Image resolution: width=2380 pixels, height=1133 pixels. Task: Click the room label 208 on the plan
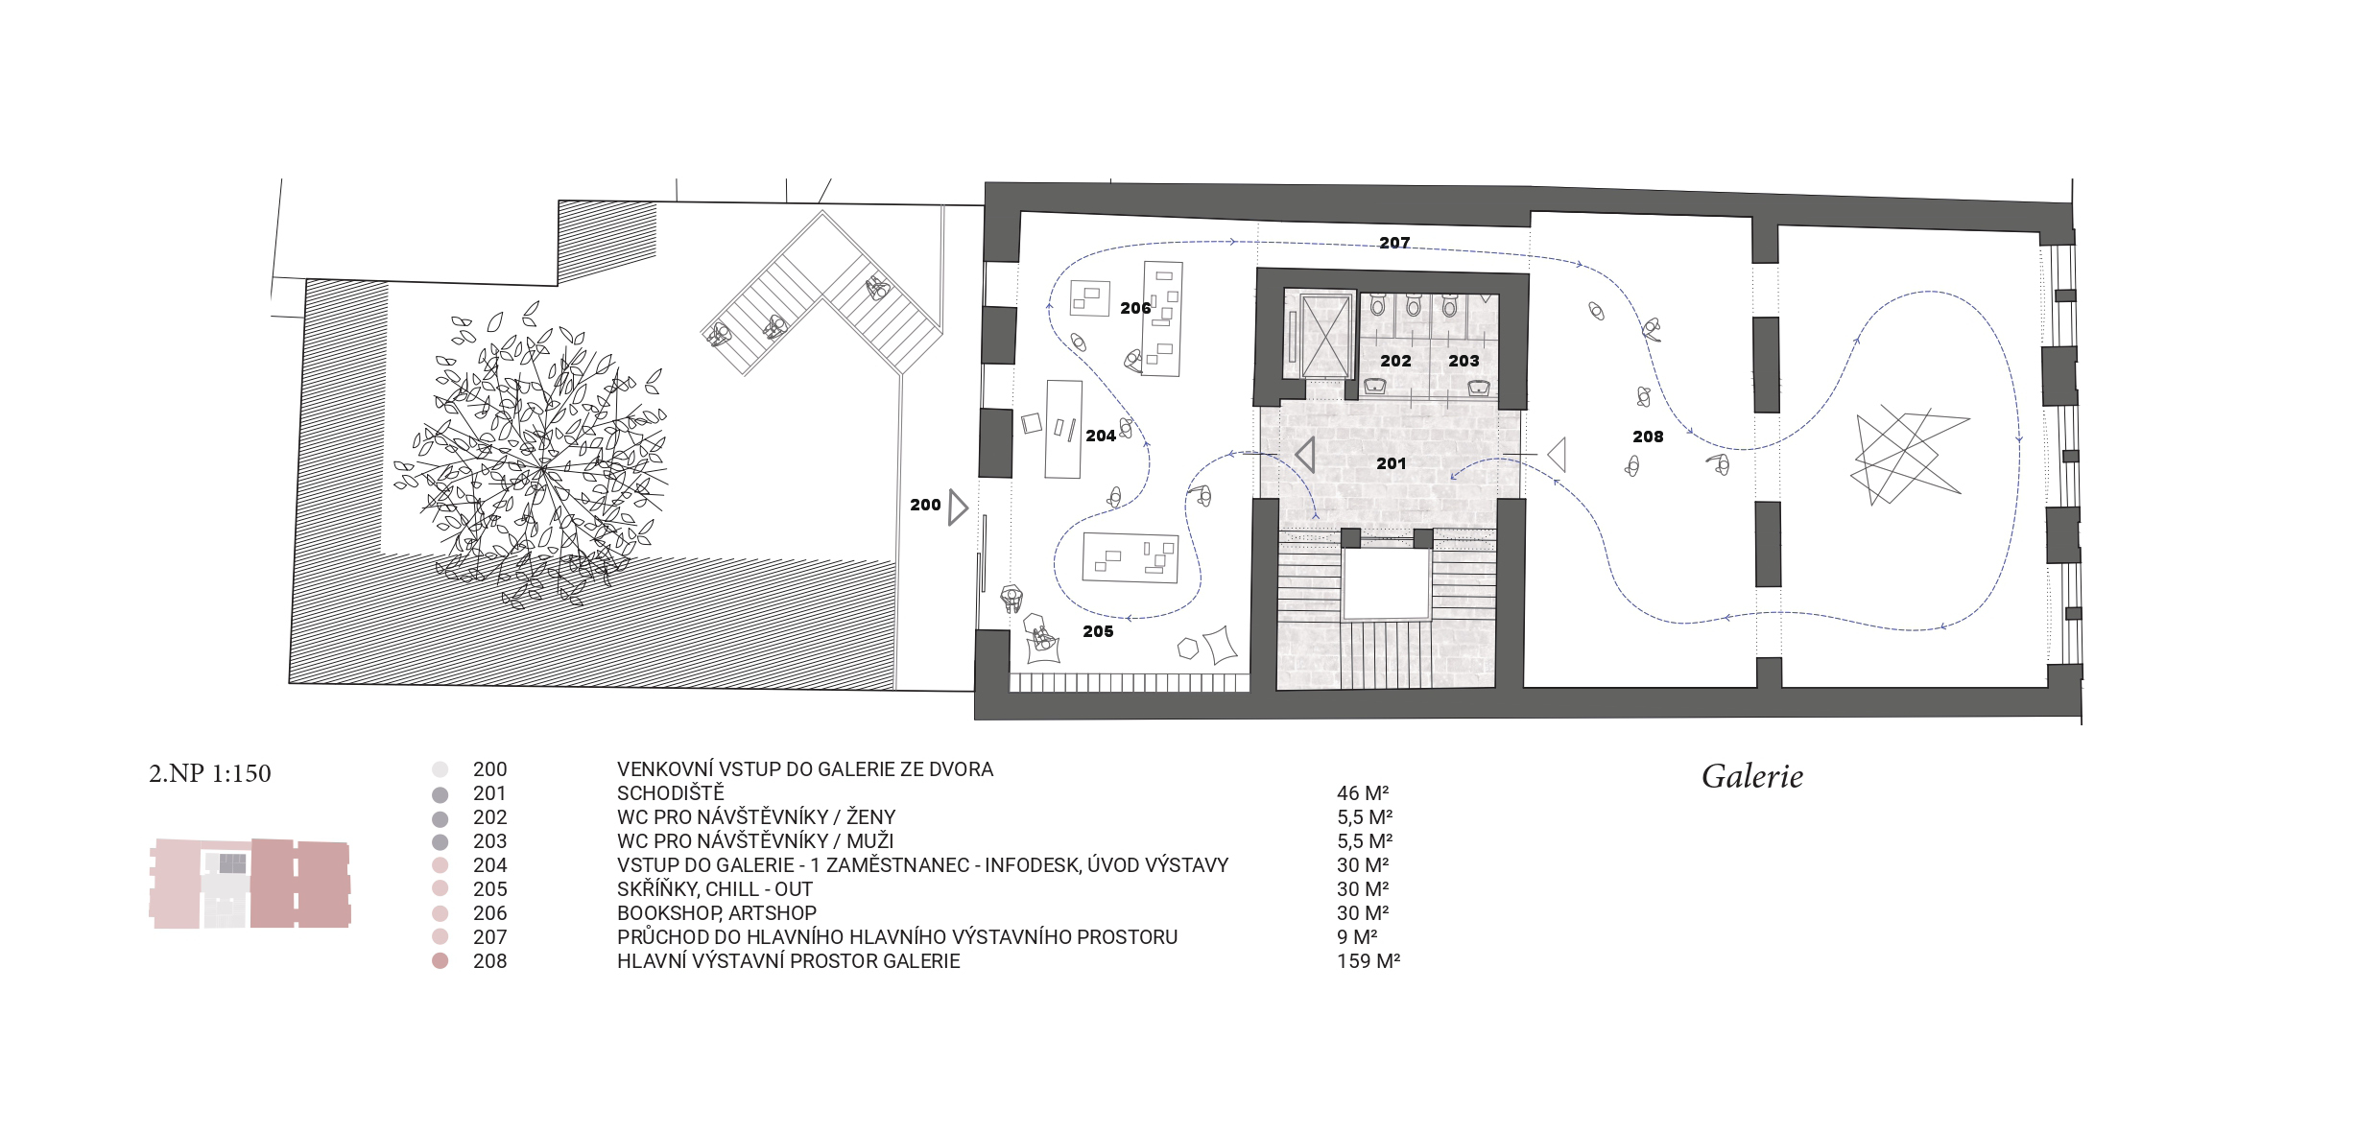pyautogui.click(x=1648, y=437)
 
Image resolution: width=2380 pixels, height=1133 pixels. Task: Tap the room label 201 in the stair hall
pyautogui.click(x=1392, y=463)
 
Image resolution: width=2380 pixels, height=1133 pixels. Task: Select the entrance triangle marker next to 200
pyautogui.click(x=958, y=507)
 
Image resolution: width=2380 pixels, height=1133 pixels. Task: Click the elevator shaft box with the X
pyautogui.click(x=1325, y=337)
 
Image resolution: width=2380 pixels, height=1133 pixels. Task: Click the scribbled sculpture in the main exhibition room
pyautogui.click(x=1906, y=455)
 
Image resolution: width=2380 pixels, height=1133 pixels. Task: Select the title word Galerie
pyautogui.click(x=1752, y=776)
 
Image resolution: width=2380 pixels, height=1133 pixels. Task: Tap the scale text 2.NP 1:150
pyautogui.click(x=210, y=773)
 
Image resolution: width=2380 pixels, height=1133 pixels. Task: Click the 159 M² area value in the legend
pyautogui.click(x=1368, y=961)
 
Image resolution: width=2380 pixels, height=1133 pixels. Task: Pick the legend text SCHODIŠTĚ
pyautogui.click(x=671, y=792)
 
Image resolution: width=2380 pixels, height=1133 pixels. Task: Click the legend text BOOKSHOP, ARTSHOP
pyautogui.click(x=717, y=913)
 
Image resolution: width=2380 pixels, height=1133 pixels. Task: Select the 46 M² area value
pyautogui.click(x=1363, y=793)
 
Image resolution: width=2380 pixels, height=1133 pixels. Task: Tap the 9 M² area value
pyautogui.click(x=1357, y=937)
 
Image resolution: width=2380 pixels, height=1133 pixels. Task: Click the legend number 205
pyautogui.click(x=489, y=889)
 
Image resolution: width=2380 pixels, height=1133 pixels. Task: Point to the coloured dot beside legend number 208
pyautogui.click(x=440, y=961)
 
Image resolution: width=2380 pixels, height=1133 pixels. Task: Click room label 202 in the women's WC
pyautogui.click(x=1395, y=361)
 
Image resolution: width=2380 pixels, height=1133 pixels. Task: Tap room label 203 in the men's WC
pyautogui.click(x=1464, y=361)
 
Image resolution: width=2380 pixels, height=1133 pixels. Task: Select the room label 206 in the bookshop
pyautogui.click(x=1135, y=308)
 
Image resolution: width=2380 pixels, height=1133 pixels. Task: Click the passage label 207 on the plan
pyautogui.click(x=1394, y=243)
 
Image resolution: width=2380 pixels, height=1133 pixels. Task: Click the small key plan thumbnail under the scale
pyautogui.click(x=250, y=884)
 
